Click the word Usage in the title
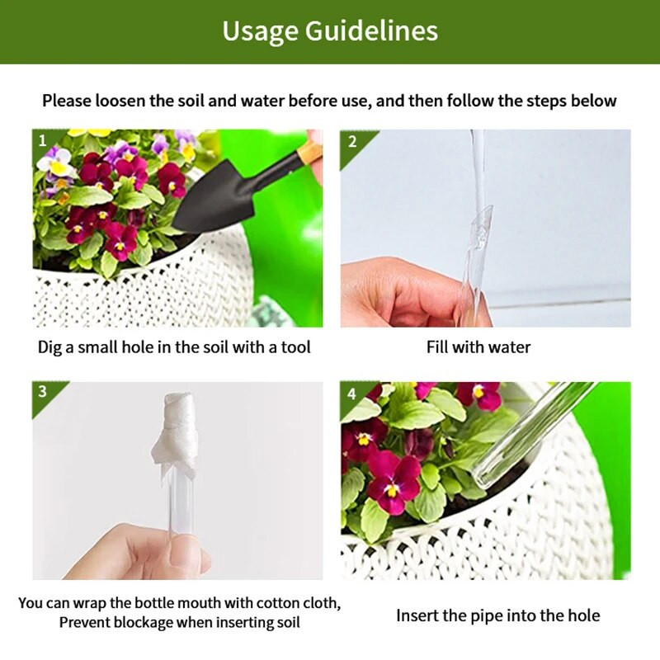tap(260, 31)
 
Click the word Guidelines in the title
tap(371, 31)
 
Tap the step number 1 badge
tap(43, 140)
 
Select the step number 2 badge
tap(352, 141)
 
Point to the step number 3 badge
tap(43, 391)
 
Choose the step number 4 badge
tap(351, 394)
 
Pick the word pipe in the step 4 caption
tap(487, 616)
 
